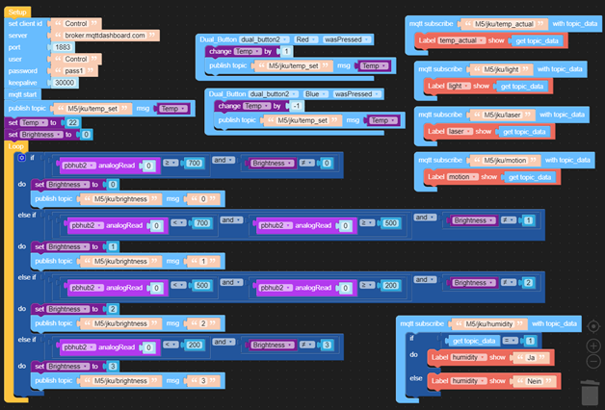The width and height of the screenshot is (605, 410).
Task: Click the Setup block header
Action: (x=18, y=11)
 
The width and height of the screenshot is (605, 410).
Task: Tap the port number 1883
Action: (x=63, y=46)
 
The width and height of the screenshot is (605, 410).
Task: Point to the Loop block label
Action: (x=16, y=145)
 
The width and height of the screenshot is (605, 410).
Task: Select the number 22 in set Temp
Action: (x=73, y=123)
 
